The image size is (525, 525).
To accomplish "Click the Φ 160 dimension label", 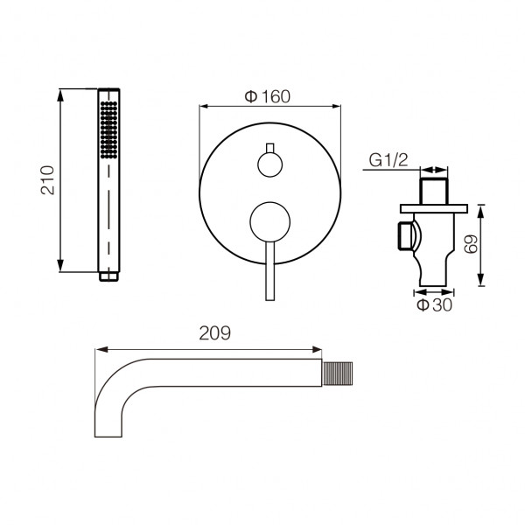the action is pyautogui.click(x=267, y=97).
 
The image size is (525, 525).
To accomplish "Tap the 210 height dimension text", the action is pyautogui.click(x=47, y=180).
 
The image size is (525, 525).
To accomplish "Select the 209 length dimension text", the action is pyautogui.click(x=215, y=333).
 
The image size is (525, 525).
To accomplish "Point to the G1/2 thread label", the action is pyautogui.click(x=388, y=160).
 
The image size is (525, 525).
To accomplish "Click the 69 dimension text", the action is pyautogui.click(x=471, y=244).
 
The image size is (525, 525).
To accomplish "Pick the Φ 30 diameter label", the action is pyautogui.click(x=435, y=305).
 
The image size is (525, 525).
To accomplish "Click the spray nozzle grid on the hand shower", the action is pyautogui.click(x=108, y=129).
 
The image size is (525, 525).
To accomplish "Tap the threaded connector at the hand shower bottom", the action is pyautogui.click(x=108, y=276).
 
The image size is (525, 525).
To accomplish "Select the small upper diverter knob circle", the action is pyautogui.click(x=269, y=164).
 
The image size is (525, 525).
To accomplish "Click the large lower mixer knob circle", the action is pyautogui.click(x=269, y=222).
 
